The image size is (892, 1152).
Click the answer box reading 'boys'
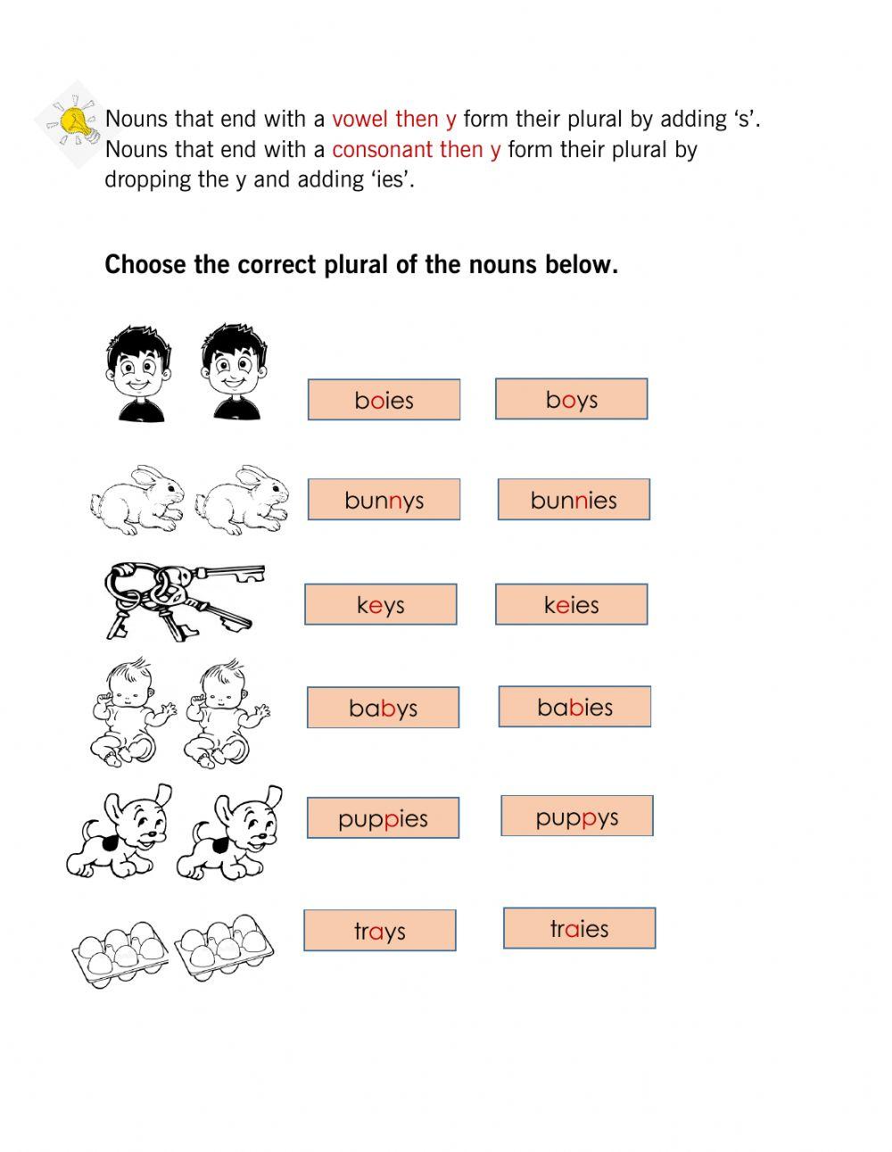(571, 399)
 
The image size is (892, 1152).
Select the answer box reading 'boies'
(384, 400)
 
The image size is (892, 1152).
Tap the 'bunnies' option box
(574, 500)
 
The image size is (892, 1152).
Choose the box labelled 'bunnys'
(384, 500)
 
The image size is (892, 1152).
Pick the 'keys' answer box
(381, 604)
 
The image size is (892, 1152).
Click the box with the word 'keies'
(571, 604)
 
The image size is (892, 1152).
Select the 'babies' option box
(574, 707)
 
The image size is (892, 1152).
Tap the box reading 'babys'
(383, 708)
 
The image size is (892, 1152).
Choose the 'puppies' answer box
(383, 817)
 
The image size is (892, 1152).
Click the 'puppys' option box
(576, 816)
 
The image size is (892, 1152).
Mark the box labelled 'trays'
(379, 931)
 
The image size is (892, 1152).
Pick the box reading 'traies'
(579, 928)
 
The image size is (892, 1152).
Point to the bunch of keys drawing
(183, 600)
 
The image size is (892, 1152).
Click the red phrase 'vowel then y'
(393, 119)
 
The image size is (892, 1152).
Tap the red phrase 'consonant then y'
(416, 149)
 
